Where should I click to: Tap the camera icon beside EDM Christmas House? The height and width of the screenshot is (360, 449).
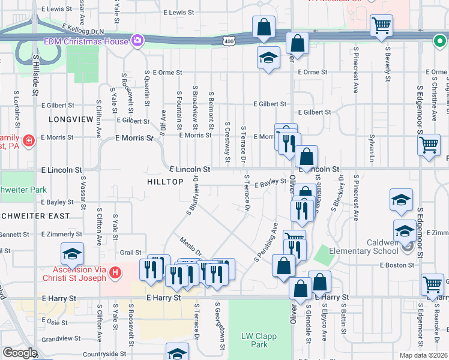click(x=138, y=41)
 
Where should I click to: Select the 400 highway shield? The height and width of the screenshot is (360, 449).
click(x=228, y=41)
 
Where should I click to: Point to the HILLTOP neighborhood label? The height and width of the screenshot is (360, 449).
click(x=164, y=181)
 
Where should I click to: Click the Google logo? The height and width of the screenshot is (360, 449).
click(x=20, y=353)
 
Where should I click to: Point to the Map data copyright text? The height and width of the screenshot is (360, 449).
click(x=424, y=355)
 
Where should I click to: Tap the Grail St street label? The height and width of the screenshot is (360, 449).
click(x=130, y=253)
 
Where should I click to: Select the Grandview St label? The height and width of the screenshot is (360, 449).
click(x=67, y=338)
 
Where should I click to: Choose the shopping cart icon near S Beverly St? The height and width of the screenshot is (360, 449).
click(x=381, y=26)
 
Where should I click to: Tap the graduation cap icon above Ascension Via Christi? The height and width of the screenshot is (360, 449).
click(x=72, y=254)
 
